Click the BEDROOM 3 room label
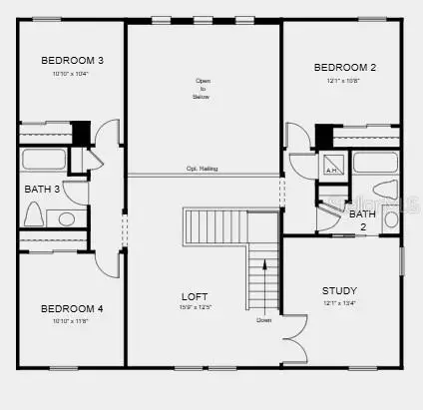(72, 61)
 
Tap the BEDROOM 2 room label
(344, 68)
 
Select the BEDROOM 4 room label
(72, 308)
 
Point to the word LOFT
(194, 296)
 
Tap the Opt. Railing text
(202, 170)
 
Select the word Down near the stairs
(263, 320)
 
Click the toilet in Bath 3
(34, 216)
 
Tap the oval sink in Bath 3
(67, 218)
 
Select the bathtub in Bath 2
(376, 163)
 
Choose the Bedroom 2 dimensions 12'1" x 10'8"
(344, 81)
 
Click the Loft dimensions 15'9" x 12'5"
(194, 307)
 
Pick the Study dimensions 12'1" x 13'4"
(339, 302)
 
